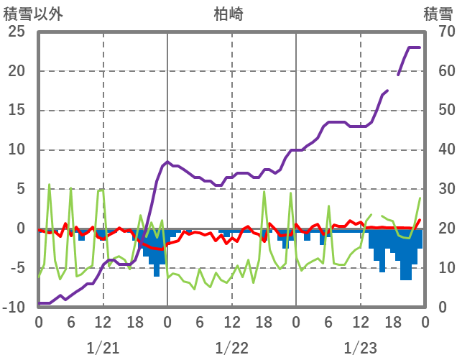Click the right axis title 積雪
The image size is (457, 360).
438,14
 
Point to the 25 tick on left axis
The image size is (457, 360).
16,32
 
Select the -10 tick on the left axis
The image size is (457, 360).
14,308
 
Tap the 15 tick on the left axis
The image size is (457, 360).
16,111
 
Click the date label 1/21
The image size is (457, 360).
103,348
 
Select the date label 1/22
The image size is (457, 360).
231,348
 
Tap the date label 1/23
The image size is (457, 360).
360,348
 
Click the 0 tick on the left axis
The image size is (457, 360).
20,229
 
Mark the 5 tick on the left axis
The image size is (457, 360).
20,190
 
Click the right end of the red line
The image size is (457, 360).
420,220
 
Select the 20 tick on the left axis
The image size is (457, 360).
16,71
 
